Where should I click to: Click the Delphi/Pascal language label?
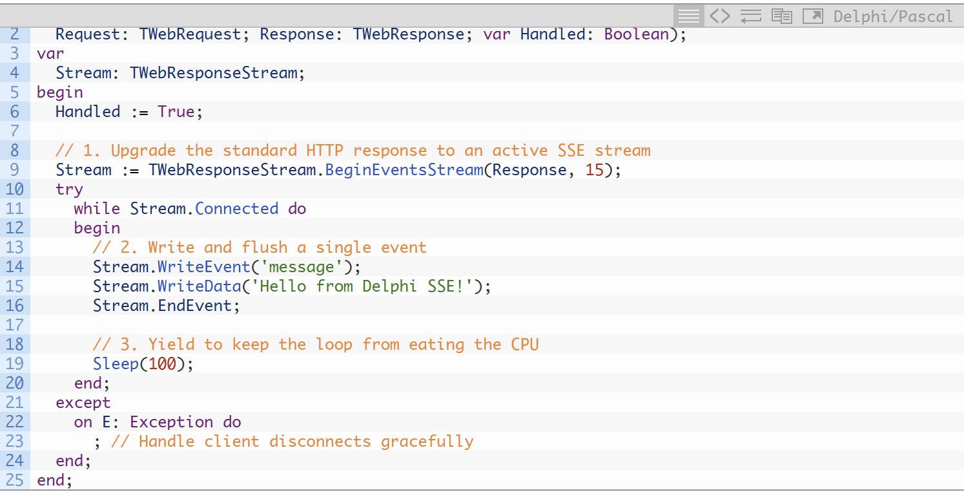[x=893, y=16]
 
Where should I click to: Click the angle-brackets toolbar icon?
[x=720, y=16]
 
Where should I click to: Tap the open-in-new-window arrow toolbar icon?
[x=813, y=16]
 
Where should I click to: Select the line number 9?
[x=15, y=170]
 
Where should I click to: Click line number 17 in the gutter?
[x=15, y=325]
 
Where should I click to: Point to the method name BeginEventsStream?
[x=404, y=170]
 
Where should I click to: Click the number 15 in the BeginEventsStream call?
[x=594, y=170]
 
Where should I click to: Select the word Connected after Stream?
[x=237, y=209]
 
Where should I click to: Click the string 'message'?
[x=302, y=267]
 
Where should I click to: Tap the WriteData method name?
[x=200, y=286]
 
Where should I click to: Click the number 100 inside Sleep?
[x=162, y=364]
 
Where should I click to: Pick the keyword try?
[x=69, y=189]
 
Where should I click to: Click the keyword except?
[x=83, y=403]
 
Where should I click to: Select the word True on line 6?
[x=176, y=112]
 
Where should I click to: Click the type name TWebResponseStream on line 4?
[x=214, y=73]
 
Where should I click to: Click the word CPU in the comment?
[x=524, y=345]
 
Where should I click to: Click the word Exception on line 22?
[x=171, y=422]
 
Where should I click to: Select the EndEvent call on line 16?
[x=194, y=306]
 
